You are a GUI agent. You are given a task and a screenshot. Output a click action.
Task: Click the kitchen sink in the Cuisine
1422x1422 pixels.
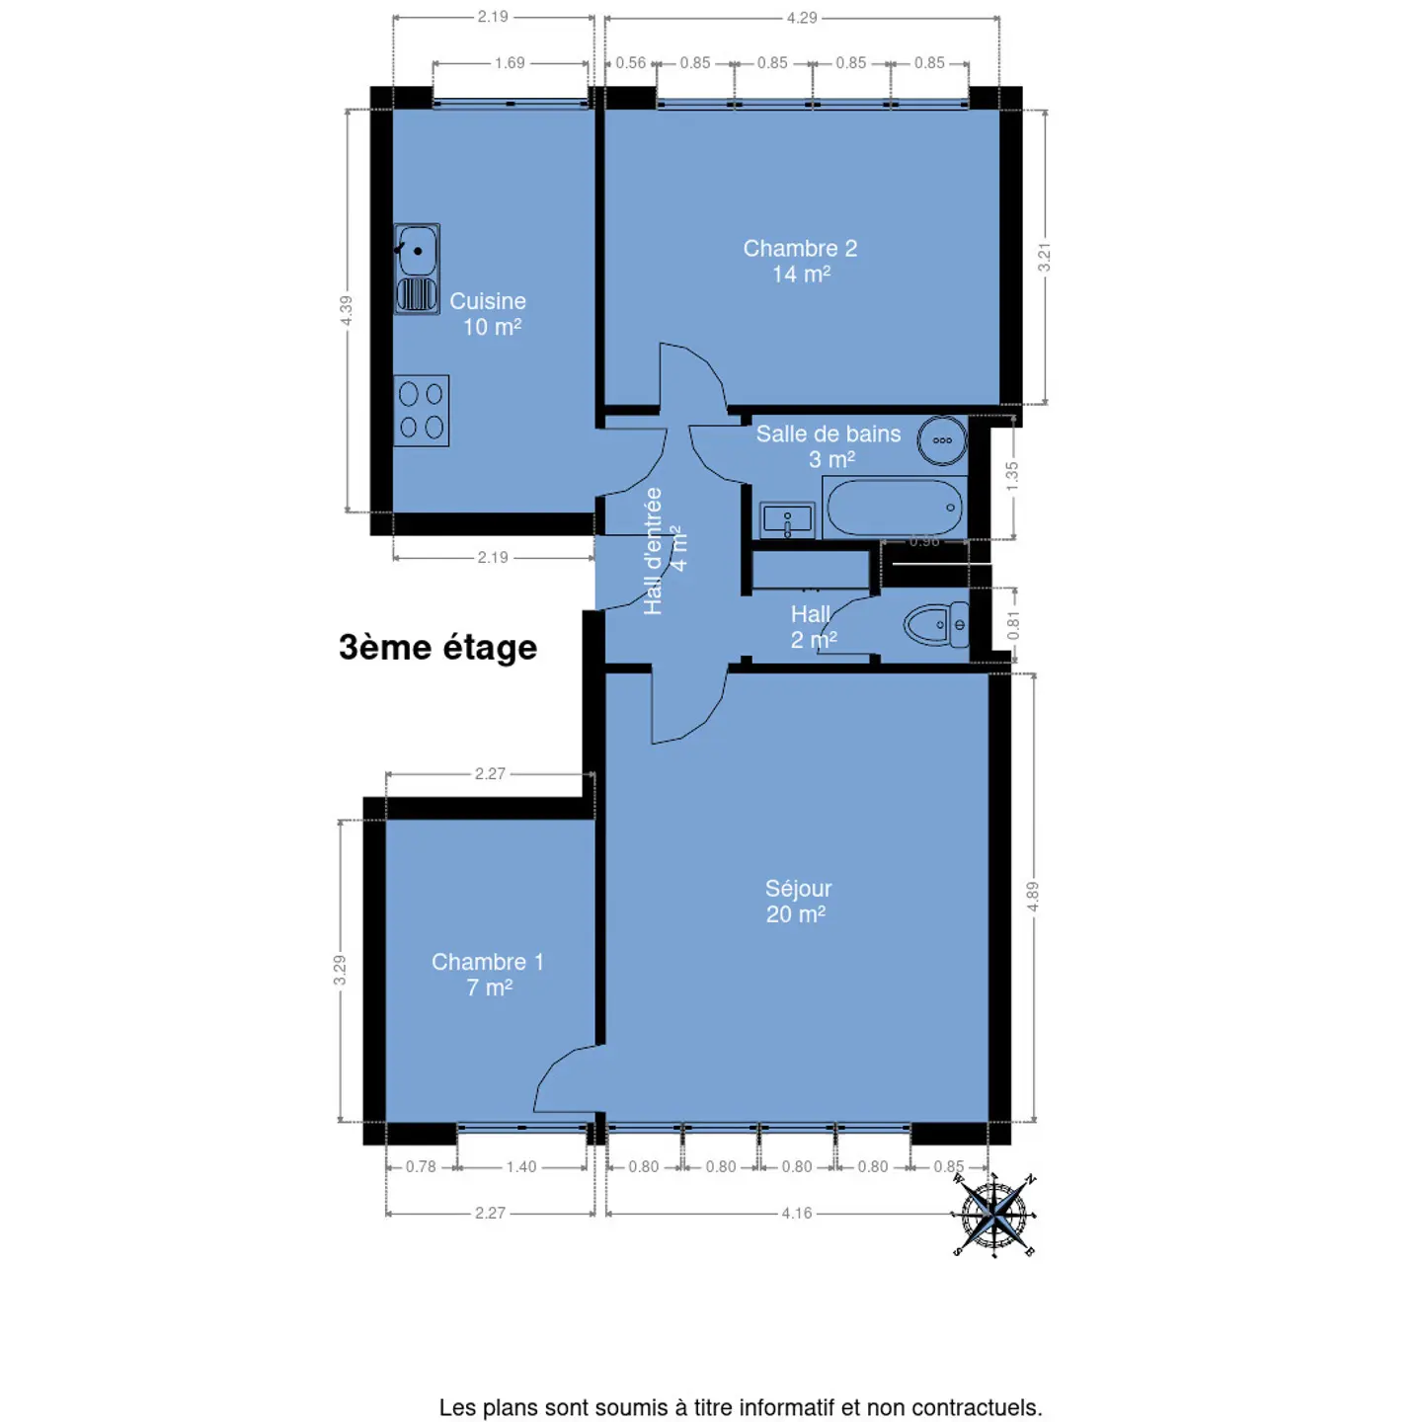(416, 269)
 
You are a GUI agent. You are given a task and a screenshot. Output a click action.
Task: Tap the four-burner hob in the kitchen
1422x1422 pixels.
(421, 410)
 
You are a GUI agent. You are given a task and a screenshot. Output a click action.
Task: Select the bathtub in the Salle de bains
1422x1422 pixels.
(895, 507)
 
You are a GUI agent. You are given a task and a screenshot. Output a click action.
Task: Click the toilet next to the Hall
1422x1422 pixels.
(936, 625)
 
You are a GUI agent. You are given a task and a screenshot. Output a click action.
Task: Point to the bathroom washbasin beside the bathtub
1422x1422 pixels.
(787, 520)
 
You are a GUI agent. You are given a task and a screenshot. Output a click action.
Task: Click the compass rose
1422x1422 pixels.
(995, 1214)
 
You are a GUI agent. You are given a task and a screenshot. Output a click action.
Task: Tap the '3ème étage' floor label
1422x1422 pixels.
(437, 647)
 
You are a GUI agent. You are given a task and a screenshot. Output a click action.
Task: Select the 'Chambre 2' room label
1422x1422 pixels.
(800, 248)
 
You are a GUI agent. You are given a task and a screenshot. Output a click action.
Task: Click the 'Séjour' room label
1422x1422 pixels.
(798, 889)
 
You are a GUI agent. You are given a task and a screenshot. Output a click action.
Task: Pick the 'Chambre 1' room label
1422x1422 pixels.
(488, 962)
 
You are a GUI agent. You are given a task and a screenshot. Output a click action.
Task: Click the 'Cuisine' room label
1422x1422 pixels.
(488, 301)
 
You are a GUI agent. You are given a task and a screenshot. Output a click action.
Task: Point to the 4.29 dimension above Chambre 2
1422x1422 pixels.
(802, 17)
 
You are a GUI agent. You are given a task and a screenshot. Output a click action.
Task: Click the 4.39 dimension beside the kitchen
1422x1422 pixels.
(346, 311)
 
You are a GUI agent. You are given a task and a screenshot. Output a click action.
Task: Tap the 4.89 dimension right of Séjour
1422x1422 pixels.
(1032, 896)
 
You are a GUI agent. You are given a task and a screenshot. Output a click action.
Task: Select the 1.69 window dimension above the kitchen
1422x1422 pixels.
(510, 63)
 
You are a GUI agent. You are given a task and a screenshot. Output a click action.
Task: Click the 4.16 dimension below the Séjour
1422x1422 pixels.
(797, 1213)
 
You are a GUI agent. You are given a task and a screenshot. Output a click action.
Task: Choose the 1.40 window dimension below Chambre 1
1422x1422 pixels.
(521, 1166)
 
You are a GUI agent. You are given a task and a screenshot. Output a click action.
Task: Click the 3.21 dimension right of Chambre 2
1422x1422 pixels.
(1044, 257)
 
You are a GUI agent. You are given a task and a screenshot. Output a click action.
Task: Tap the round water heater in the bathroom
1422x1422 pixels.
(942, 440)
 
